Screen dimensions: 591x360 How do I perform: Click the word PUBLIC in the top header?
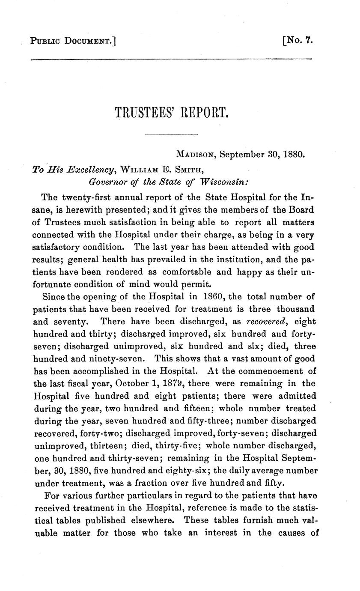coord(45,42)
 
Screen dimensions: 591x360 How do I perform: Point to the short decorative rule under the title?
coord(172,135)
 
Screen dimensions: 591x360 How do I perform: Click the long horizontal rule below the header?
coord(171,59)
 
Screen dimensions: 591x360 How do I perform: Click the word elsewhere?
coord(151,521)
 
